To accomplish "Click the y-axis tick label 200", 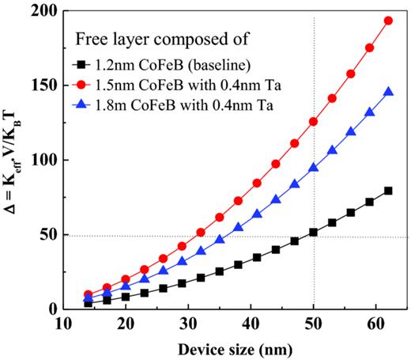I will pyautogui.click(x=49, y=12).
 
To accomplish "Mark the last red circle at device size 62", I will pyautogui.click(x=388, y=21).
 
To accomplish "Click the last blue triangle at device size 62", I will pyautogui.click(x=388, y=92).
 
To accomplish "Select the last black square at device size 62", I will pyautogui.click(x=388, y=191).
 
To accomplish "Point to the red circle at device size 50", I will pyautogui.click(x=314, y=122).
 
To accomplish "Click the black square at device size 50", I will pyautogui.click(x=314, y=232).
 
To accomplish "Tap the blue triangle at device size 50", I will pyautogui.click(x=314, y=168).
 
